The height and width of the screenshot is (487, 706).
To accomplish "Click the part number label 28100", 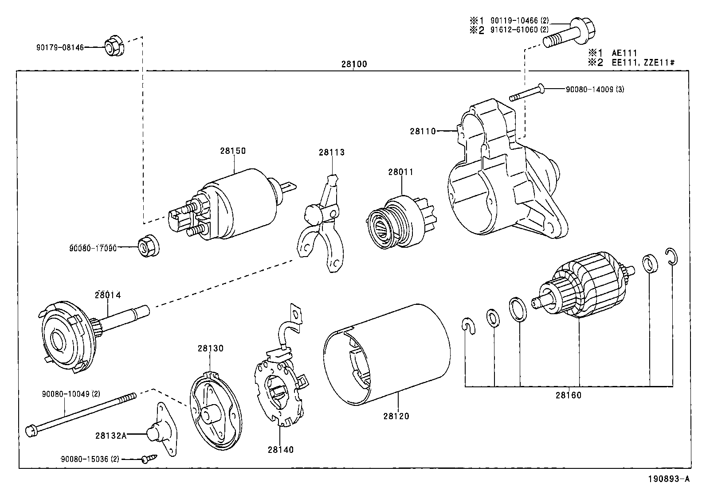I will (x=354, y=64).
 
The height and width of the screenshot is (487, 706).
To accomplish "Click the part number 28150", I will (x=232, y=151).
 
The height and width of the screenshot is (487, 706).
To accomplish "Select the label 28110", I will (x=423, y=131).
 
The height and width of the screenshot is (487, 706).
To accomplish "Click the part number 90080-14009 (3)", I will (x=595, y=89).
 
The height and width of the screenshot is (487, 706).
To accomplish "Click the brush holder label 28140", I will (x=280, y=449).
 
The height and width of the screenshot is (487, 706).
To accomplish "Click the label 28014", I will (x=107, y=295).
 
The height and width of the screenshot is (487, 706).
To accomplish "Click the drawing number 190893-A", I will (x=669, y=479).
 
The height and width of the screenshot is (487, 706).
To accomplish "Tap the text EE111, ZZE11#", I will (x=643, y=62).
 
